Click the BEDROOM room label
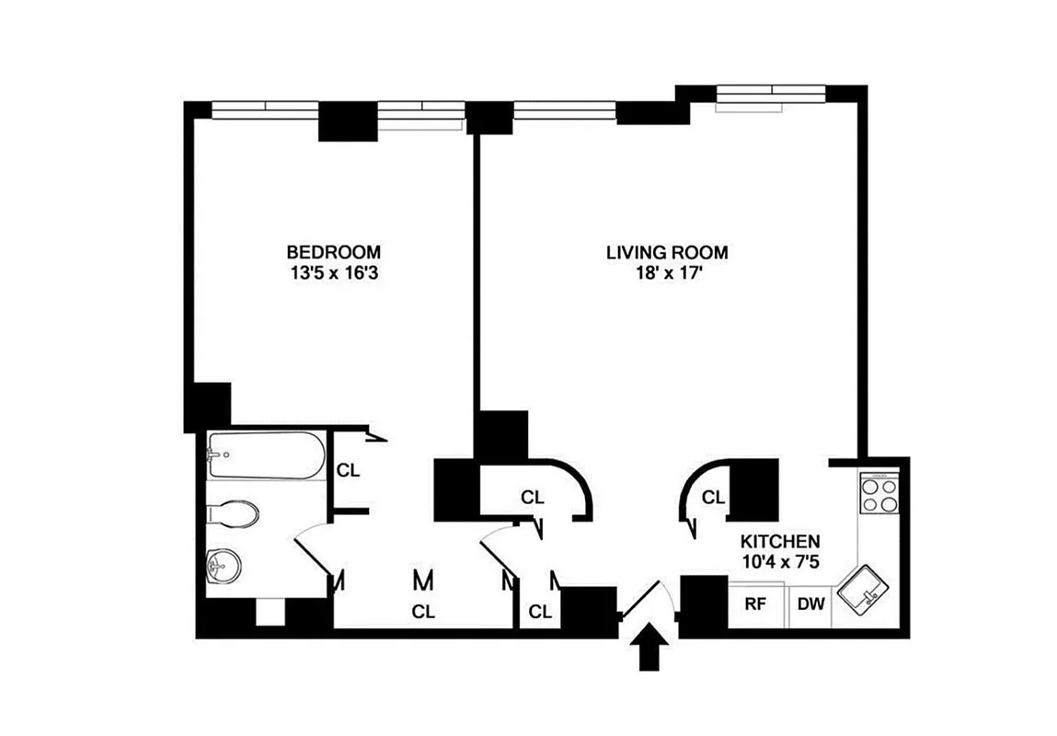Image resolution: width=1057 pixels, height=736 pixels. [x=333, y=251]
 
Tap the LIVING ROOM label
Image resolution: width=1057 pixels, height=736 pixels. [x=667, y=251]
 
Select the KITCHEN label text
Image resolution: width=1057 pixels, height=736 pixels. [x=781, y=542]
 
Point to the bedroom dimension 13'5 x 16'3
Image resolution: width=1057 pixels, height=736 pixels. [x=333, y=271]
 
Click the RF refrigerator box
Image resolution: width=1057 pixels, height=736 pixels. [x=756, y=604]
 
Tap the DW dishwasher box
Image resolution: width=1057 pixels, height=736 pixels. [x=810, y=604]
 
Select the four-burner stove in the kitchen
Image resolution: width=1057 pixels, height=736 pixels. [x=878, y=494]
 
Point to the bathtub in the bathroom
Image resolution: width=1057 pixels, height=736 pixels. [x=265, y=454]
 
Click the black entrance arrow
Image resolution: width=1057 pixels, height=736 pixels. [x=650, y=649]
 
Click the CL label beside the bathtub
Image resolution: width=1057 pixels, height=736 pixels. [x=348, y=470]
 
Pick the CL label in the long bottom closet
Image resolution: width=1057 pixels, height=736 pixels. [x=423, y=610]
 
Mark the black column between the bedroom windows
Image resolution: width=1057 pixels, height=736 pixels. [x=349, y=121]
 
